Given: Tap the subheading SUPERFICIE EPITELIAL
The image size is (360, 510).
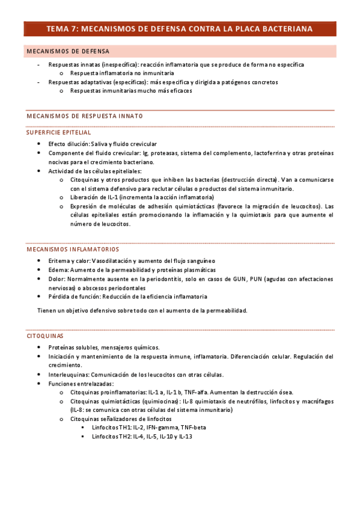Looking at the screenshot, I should (x=59, y=132).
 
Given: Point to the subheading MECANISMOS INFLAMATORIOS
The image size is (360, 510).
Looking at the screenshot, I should (x=73, y=249).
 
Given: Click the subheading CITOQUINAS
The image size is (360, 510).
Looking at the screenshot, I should (x=45, y=336).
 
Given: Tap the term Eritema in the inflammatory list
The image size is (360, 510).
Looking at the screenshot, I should (x=59, y=260).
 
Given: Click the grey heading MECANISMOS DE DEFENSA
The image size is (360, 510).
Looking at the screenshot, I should (x=67, y=51).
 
